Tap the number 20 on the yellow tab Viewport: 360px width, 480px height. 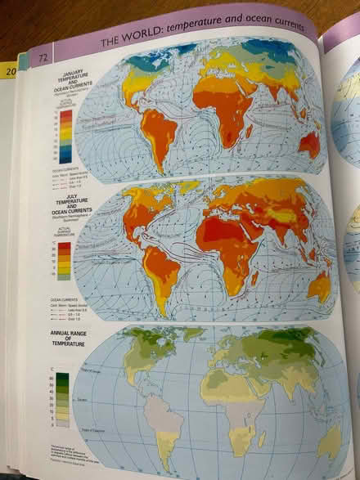coord(12,72)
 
